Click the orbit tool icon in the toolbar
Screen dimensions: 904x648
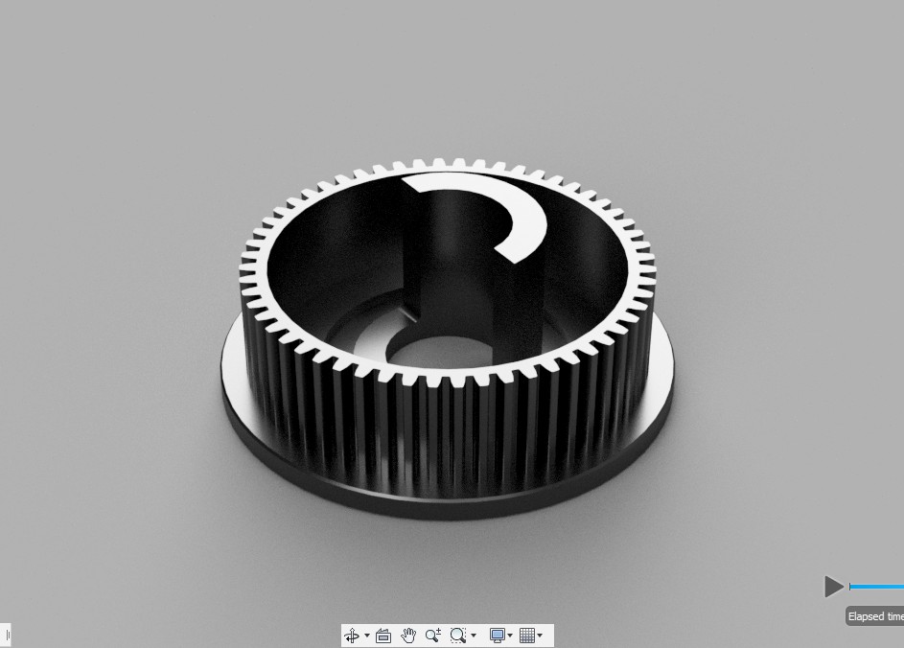[351, 636]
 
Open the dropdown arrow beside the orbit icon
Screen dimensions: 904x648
[367, 636]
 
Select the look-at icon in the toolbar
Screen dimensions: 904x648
[383, 636]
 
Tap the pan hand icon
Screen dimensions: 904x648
[408, 636]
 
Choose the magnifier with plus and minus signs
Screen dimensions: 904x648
[433, 636]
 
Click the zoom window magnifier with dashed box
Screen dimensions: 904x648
[458, 636]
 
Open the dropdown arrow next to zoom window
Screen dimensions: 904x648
[474, 636]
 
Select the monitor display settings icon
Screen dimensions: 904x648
[497, 636]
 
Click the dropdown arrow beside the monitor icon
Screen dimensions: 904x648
[510, 636]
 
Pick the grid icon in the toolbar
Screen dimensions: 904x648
[527, 636]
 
